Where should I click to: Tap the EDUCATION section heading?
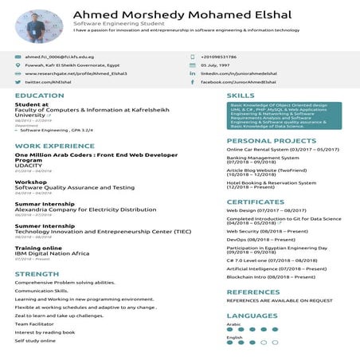pyautogui.click(x=39, y=96)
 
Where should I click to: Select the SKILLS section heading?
pyautogui.click(x=241, y=96)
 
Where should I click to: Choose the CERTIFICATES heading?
pyautogui.click(x=255, y=202)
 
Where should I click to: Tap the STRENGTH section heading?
pyautogui.click(x=37, y=274)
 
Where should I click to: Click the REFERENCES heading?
pyautogui.click(x=253, y=292)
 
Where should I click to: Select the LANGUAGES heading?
pyautogui.click(x=252, y=315)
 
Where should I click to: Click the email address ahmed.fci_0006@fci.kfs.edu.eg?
pyautogui.click(x=59, y=57)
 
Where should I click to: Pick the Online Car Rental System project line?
pyautogui.click(x=283, y=149)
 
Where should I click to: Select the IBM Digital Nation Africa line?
pyautogui.click(x=52, y=252)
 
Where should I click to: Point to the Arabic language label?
pyautogui.click(x=233, y=324)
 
